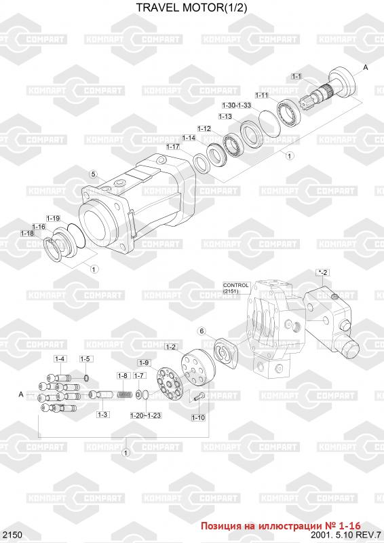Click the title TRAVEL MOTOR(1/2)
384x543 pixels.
pos(191,7)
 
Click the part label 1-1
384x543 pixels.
pos(296,76)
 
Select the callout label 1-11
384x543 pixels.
pos(262,95)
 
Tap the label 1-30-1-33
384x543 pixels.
pos(237,105)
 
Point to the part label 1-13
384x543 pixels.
pos(225,117)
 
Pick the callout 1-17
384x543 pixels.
pos(173,147)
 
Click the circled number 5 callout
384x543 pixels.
pos(93,174)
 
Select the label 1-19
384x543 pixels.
pos(54,218)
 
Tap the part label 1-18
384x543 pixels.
pos(27,233)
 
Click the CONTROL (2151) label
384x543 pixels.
pos(236,288)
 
